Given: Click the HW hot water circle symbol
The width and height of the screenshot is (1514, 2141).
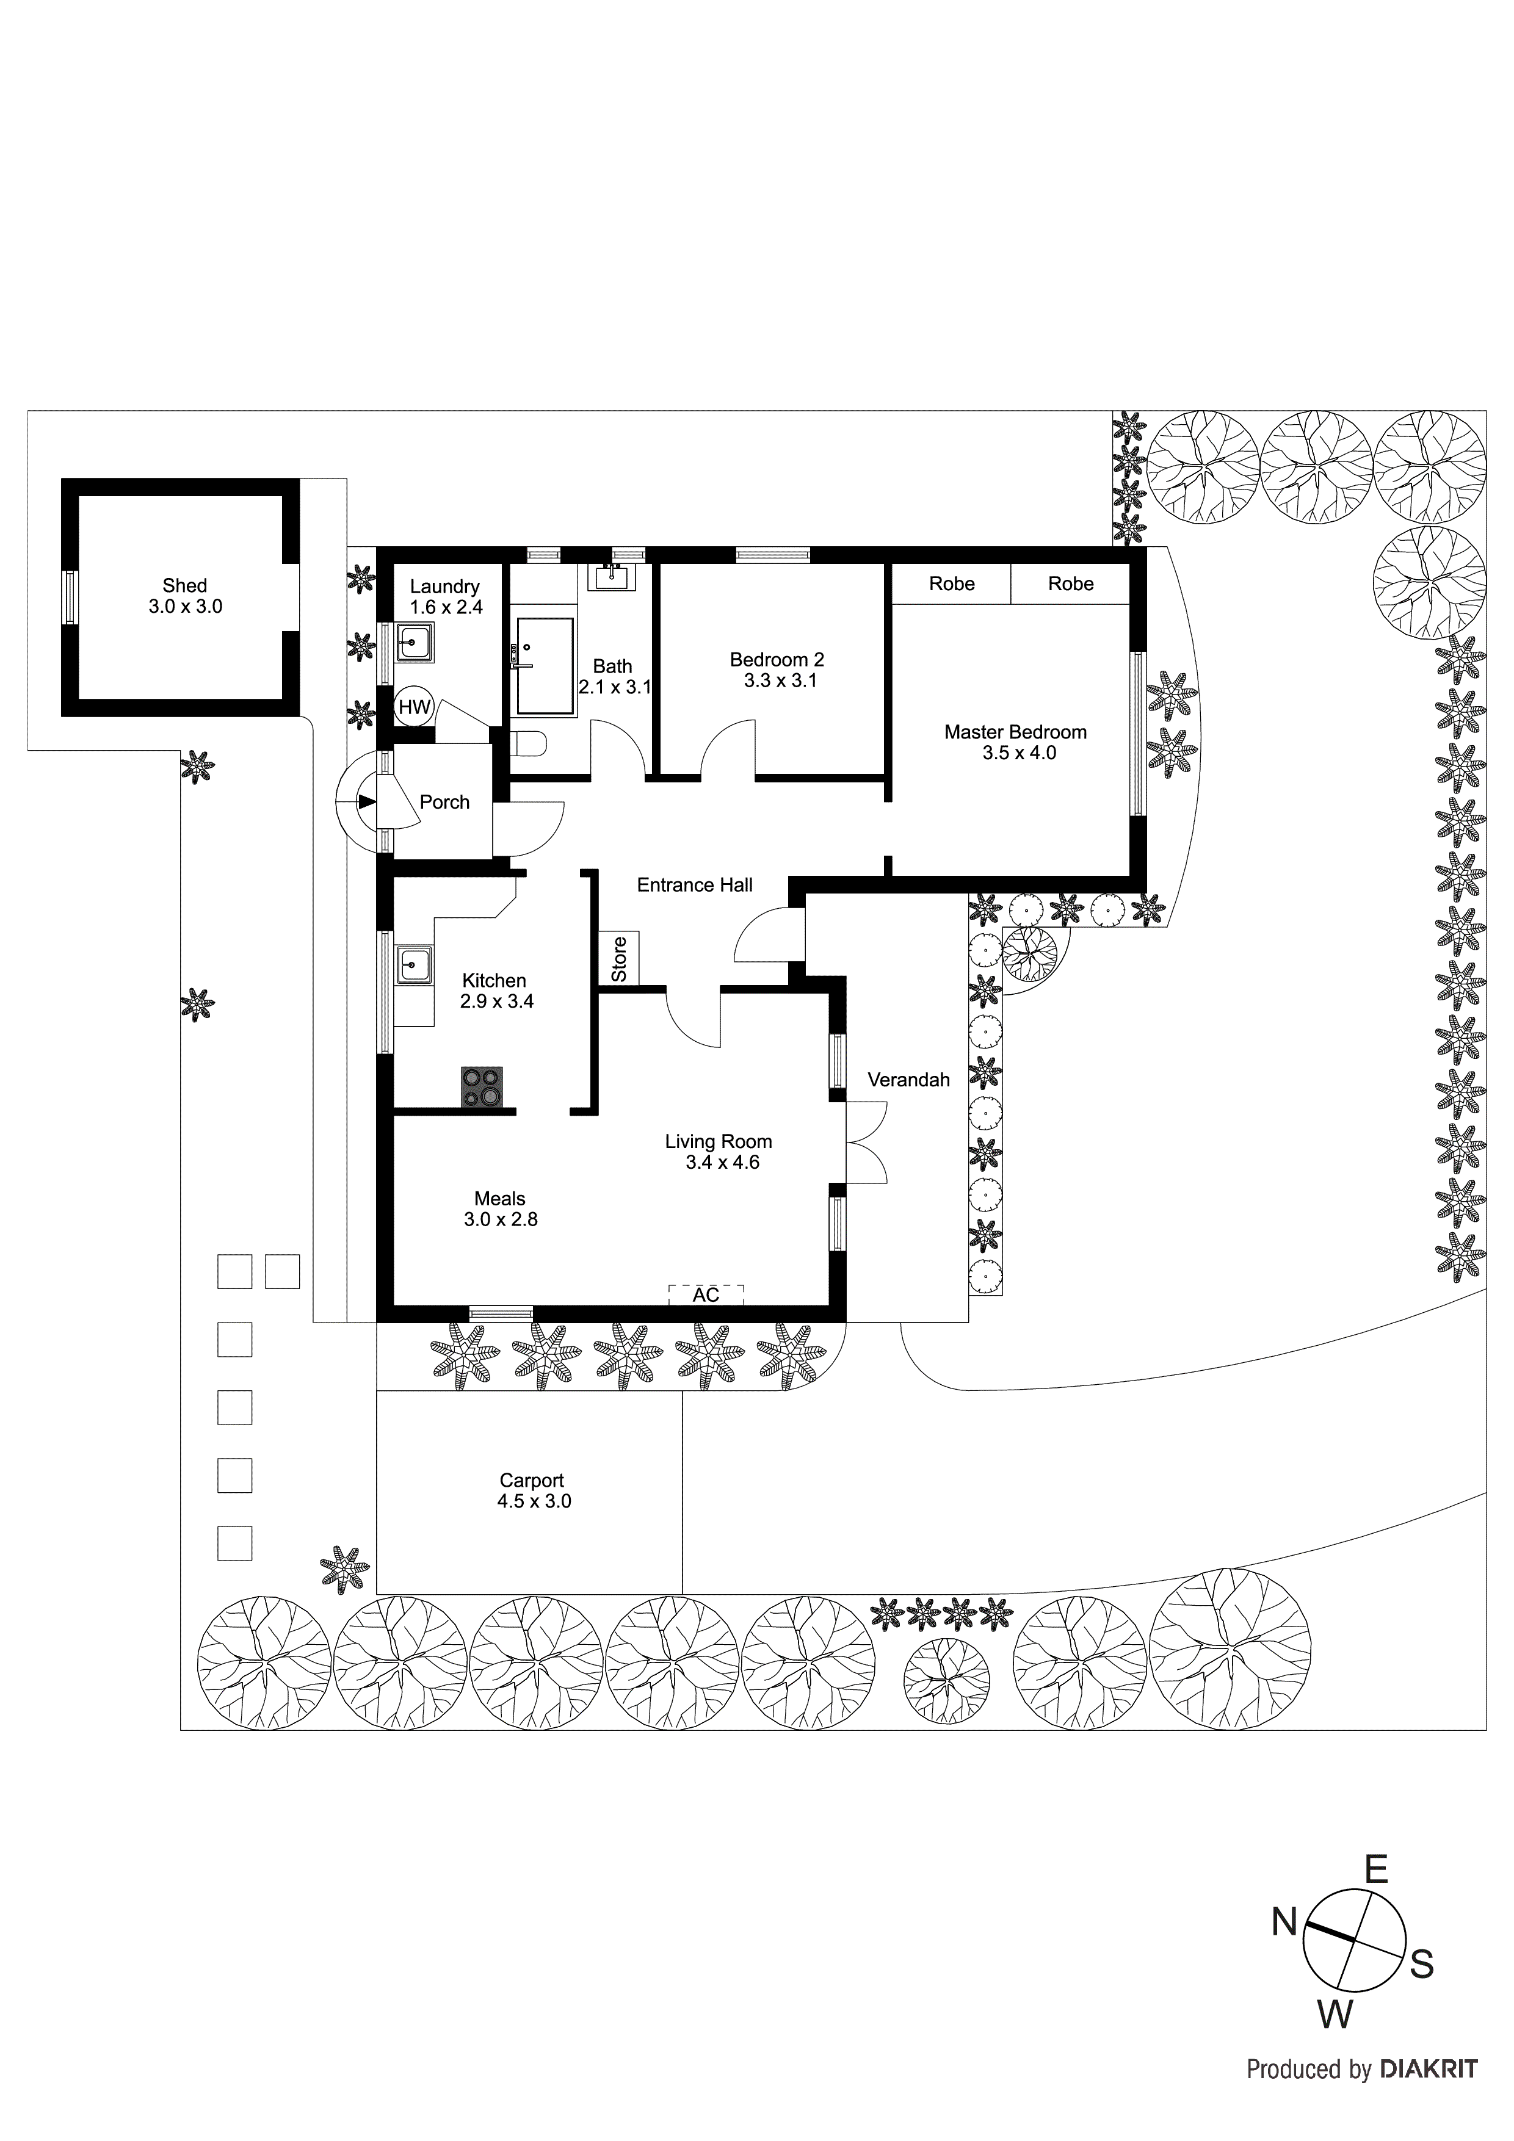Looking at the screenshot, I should [x=414, y=707].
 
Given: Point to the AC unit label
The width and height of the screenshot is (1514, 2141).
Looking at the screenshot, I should [x=706, y=1294].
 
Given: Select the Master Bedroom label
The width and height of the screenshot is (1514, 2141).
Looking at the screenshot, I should [x=1015, y=742].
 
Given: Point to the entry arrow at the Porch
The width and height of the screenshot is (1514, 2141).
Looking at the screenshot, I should [x=364, y=802].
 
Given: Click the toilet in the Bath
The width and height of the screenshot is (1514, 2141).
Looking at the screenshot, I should [x=528, y=744].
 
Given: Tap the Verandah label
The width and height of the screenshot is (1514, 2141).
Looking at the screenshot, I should [x=908, y=1080].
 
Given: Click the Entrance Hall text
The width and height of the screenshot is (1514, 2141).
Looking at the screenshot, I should [x=694, y=885].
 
